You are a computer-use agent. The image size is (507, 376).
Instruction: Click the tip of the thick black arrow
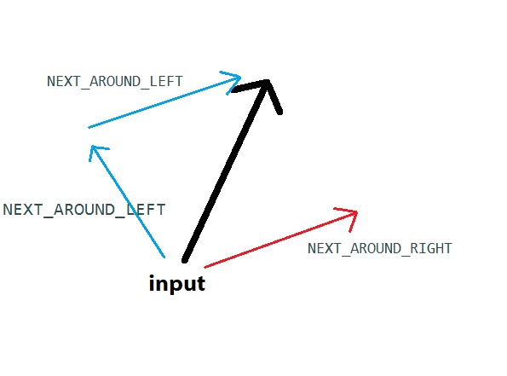[268, 81]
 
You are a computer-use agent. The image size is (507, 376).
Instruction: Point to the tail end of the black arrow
[185, 260]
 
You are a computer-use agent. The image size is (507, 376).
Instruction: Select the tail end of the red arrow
[205, 267]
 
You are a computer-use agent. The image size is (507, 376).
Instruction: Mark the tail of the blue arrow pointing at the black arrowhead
[89, 128]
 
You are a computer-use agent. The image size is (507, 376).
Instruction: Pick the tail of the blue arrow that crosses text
[164, 257]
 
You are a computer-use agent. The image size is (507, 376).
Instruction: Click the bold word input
[177, 284]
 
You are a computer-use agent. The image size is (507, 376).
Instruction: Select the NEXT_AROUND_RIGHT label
[379, 248]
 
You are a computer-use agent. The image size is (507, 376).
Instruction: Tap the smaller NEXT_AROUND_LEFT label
[115, 81]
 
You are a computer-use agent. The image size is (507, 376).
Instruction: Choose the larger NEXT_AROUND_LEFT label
[84, 210]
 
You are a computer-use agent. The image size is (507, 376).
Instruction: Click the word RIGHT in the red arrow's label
[431, 248]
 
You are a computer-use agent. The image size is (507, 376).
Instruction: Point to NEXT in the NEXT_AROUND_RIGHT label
[324, 248]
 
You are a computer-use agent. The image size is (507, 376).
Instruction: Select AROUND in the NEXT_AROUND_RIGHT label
[376, 248]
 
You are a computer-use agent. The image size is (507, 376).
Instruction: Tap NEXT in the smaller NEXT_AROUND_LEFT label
[63, 81]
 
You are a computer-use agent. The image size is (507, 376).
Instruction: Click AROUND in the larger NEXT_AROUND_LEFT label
[84, 209]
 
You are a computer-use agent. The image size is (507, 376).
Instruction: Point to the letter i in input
[152, 282]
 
